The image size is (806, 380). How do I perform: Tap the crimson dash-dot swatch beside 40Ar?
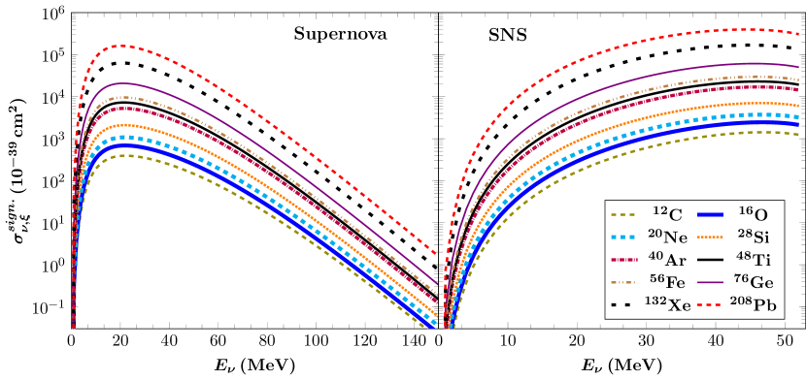click(x=622, y=260)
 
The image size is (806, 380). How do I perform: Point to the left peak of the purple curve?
click(x=122, y=83)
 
